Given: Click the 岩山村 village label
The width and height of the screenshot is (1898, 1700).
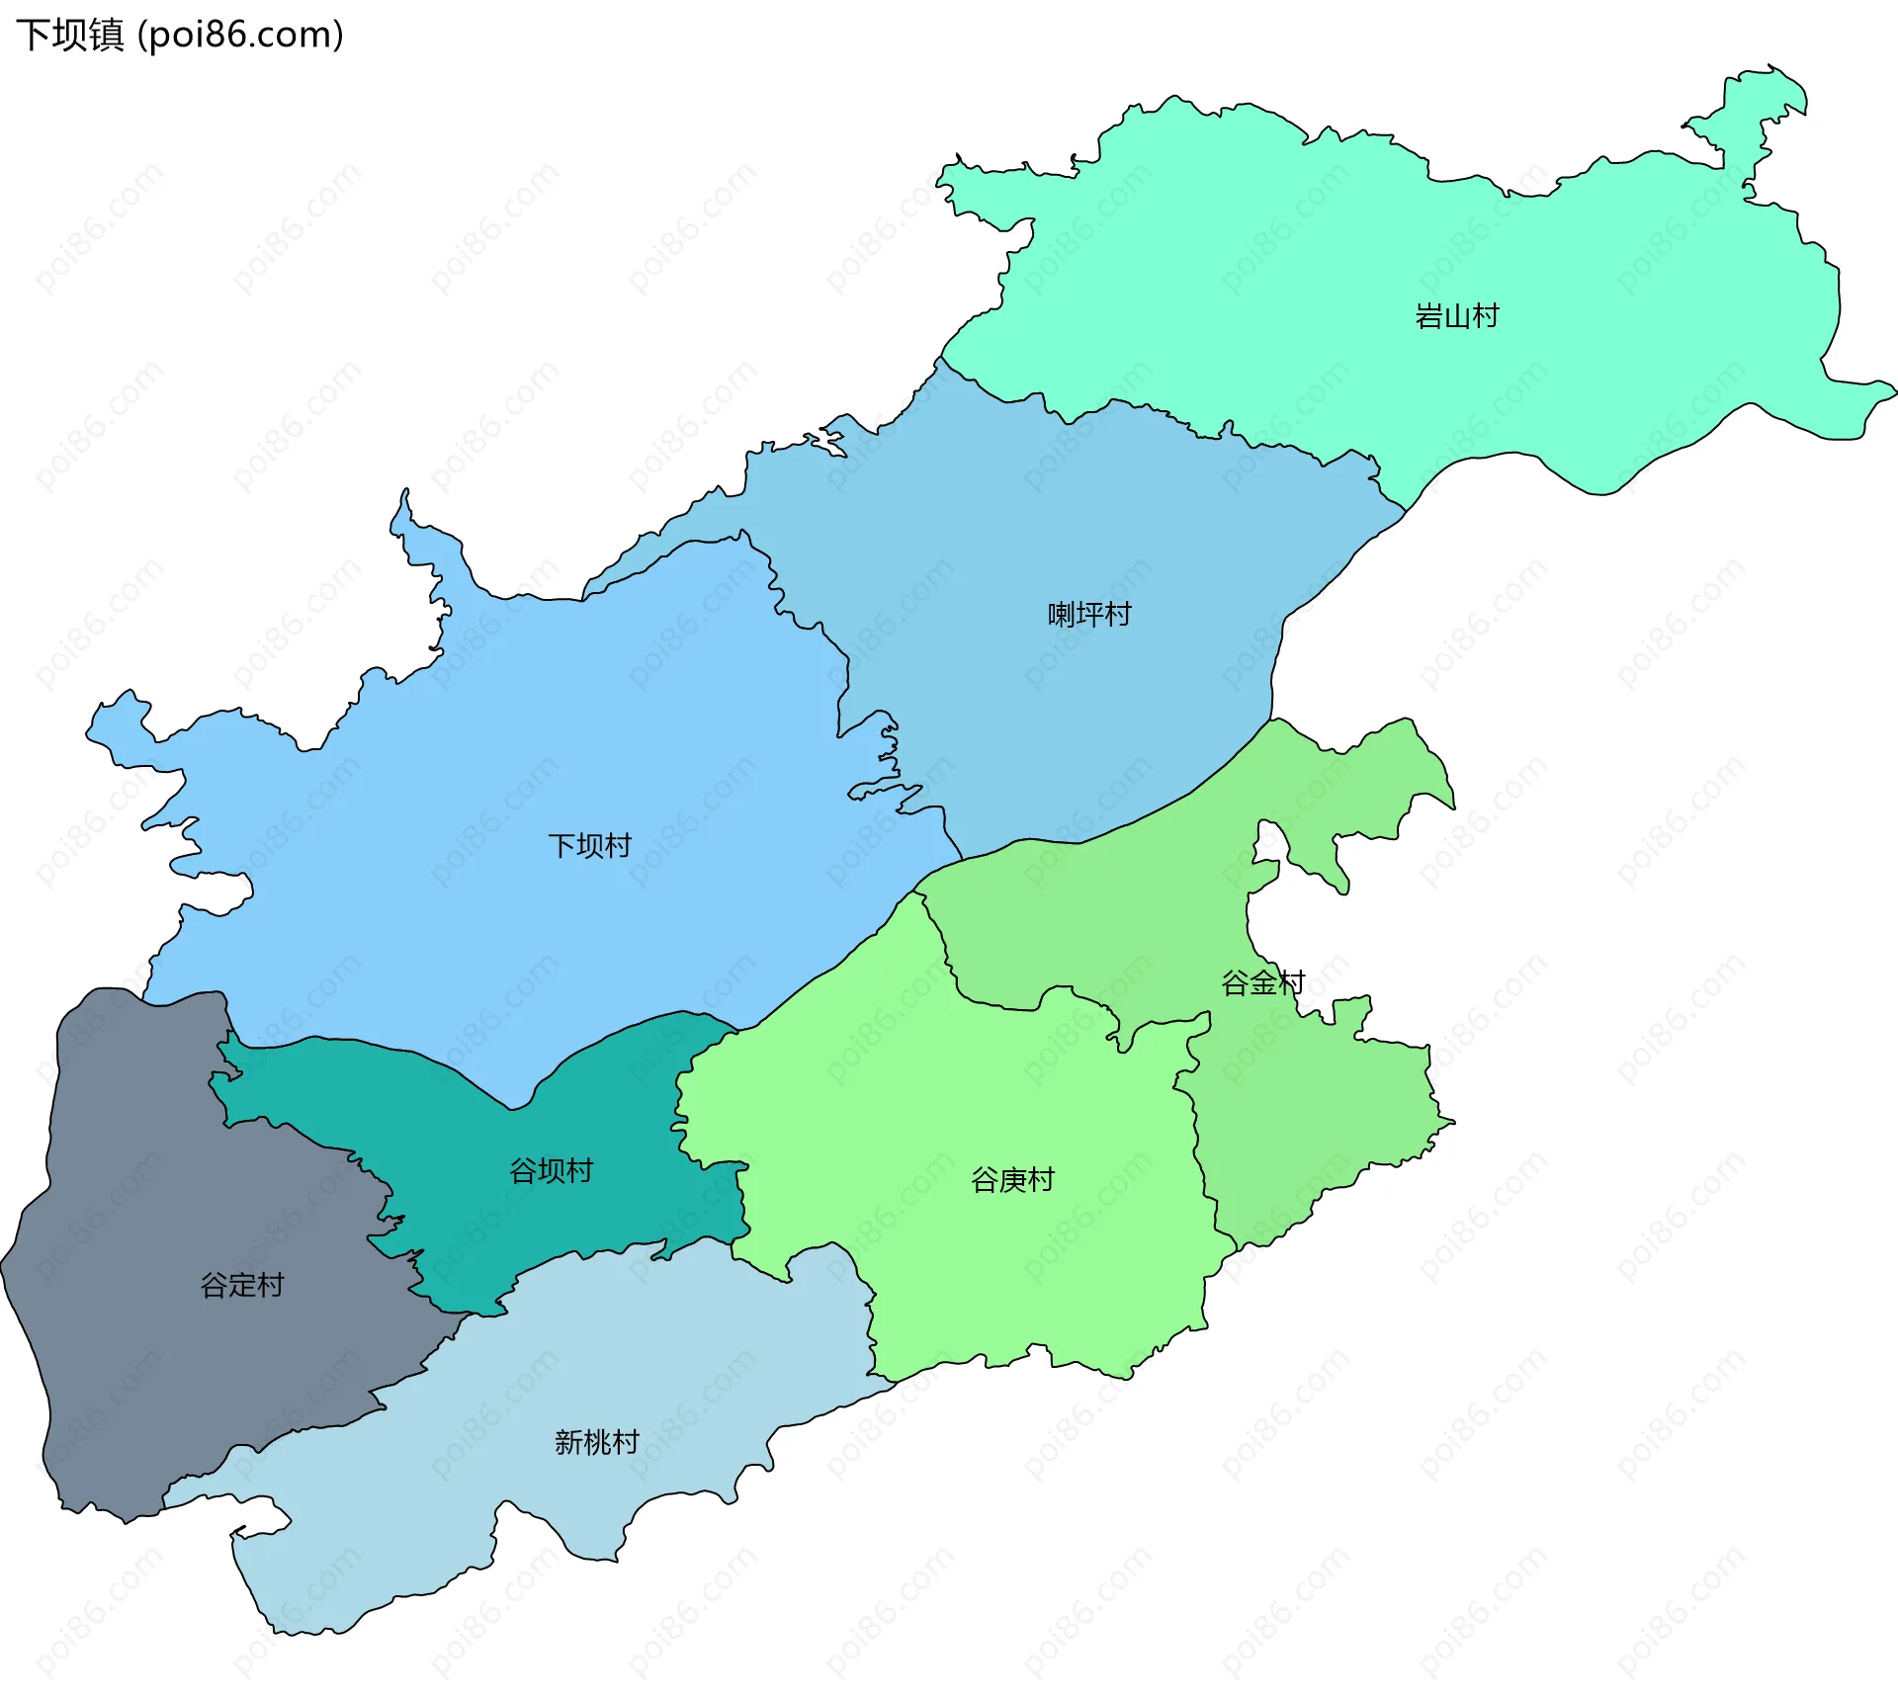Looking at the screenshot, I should [1457, 316].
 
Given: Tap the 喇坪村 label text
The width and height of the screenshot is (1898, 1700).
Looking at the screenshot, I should [1089, 615].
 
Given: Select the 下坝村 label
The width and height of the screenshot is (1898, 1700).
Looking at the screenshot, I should [589, 846].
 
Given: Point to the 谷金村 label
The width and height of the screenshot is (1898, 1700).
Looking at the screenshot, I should [1263, 982].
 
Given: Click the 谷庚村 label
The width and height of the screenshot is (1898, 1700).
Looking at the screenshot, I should [1012, 1180].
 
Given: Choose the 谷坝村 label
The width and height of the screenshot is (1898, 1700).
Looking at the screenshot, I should [551, 1171].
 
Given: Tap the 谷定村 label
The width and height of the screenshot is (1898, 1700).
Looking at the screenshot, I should [242, 1285].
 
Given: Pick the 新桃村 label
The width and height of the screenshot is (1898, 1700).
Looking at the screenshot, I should [597, 1443].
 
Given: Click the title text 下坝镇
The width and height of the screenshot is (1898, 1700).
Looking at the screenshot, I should [70, 36].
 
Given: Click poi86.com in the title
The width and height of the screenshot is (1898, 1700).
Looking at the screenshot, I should [241, 36].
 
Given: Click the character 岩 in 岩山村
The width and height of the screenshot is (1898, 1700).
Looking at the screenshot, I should [1429, 316].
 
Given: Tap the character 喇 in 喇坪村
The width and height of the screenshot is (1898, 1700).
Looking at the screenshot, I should [1062, 615].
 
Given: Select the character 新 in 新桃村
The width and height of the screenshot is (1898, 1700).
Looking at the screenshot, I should [568, 1443].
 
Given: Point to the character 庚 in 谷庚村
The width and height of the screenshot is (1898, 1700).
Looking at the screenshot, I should [1012, 1180].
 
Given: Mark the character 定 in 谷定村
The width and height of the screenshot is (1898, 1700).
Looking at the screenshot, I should [242, 1285].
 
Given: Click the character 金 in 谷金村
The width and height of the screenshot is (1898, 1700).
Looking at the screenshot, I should [1263, 982].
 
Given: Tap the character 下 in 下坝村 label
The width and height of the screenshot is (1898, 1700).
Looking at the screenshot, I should [561, 846].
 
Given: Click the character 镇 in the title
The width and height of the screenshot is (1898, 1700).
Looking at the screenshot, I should [106, 36].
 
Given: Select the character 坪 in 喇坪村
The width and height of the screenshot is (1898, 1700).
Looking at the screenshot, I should [1089, 615].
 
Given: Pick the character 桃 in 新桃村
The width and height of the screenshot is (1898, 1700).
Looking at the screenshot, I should [597, 1443].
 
